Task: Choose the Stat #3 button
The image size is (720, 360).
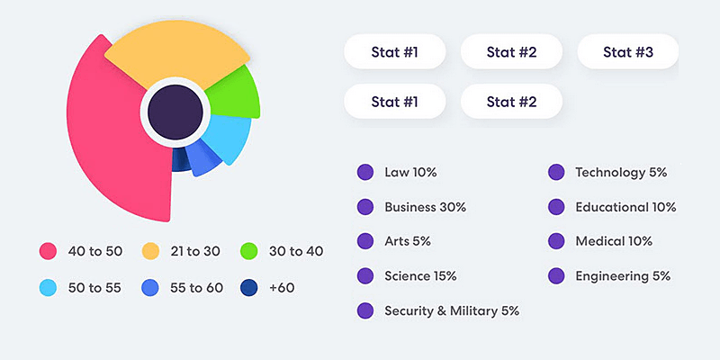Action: pyautogui.click(x=627, y=52)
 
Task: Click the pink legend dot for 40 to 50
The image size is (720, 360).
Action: pyautogui.click(x=49, y=251)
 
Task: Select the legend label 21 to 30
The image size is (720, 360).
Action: pyautogui.click(x=194, y=251)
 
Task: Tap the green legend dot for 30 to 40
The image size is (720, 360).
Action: pyautogui.click(x=250, y=251)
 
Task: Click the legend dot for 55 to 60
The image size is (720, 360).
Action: pyautogui.click(x=150, y=288)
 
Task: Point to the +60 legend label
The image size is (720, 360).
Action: pyautogui.click(x=282, y=288)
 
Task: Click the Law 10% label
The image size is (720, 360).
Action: pyautogui.click(x=410, y=172)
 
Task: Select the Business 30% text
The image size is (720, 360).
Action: pyautogui.click(x=425, y=207)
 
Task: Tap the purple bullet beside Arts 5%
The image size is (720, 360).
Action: pyautogui.click(x=365, y=241)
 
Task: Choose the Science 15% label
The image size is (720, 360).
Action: pyautogui.click(x=420, y=275)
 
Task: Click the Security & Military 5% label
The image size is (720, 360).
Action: pyautogui.click(x=452, y=310)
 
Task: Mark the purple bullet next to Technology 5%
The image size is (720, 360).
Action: pyautogui.click(x=556, y=172)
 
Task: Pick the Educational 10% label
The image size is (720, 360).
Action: pyautogui.click(x=625, y=207)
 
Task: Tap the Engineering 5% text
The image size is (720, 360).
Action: pyautogui.click(x=623, y=275)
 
